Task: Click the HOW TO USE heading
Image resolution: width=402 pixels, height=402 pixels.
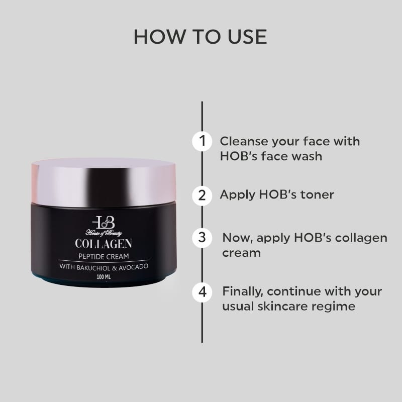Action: click(x=200, y=37)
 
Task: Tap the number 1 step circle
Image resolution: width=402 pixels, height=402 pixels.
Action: click(x=202, y=141)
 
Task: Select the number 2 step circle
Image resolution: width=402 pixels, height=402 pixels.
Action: click(x=202, y=195)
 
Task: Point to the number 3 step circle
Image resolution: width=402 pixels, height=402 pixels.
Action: click(x=202, y=238)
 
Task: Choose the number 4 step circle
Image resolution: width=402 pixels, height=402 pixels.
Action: click(x=202, y=292)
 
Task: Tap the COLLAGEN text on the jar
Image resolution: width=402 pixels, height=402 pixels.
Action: click(x=104, y=244)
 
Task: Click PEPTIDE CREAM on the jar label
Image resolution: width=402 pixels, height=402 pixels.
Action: click(x=104, y=256)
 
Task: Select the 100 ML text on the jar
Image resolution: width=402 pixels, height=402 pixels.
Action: click(x=104, y=277)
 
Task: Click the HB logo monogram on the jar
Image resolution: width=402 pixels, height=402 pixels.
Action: click(x=104, y=223)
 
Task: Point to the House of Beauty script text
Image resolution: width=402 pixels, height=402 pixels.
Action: click(x=104, y=233)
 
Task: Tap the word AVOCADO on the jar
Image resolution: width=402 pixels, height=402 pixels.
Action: click(x=133, y=267)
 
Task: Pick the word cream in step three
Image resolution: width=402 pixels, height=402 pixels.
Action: click(x=242, y=254)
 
